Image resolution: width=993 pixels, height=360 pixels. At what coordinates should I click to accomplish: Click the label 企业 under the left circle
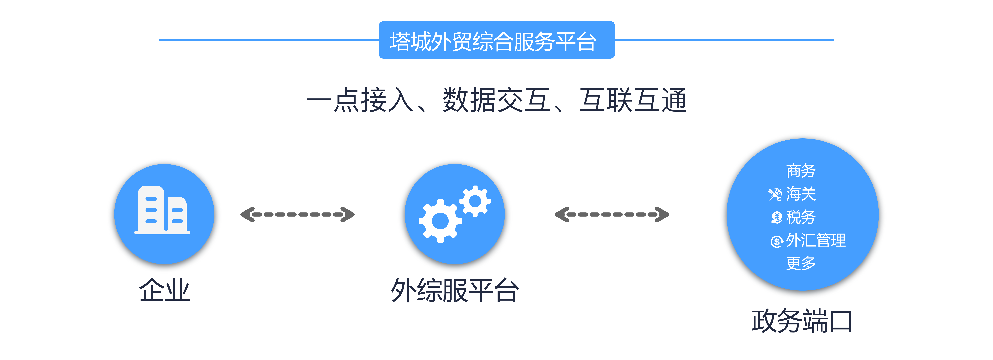tap(165, 290)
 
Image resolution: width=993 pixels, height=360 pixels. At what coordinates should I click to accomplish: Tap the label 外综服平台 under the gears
tap(455, 290)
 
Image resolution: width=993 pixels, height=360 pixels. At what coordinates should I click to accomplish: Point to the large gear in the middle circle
tap(440, 221)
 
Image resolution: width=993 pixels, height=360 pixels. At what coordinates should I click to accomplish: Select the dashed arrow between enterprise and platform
tap(297, 214)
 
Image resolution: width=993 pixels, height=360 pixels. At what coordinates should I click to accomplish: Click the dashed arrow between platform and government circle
tap(612, 214)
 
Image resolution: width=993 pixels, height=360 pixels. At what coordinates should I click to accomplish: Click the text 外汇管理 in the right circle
tap(816, 240)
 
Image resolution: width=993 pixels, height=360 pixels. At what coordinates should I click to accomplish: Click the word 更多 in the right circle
tap(801, 263)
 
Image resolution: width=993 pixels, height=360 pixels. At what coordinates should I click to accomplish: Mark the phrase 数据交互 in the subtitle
tap(496, 100)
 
